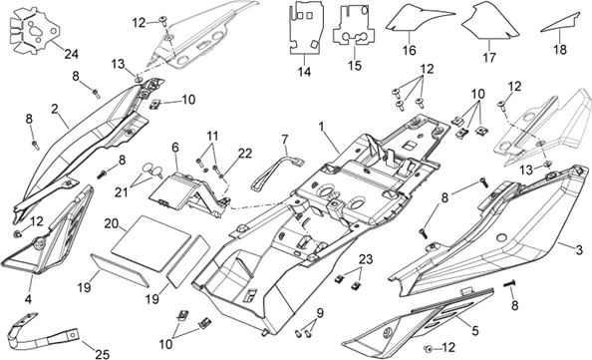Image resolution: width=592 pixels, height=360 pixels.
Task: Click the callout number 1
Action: (322, 127)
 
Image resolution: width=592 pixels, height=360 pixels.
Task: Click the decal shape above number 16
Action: (411, 21)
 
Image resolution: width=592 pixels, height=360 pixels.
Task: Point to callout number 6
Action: (175, 146)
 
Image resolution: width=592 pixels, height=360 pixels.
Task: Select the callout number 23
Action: (366, 258)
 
